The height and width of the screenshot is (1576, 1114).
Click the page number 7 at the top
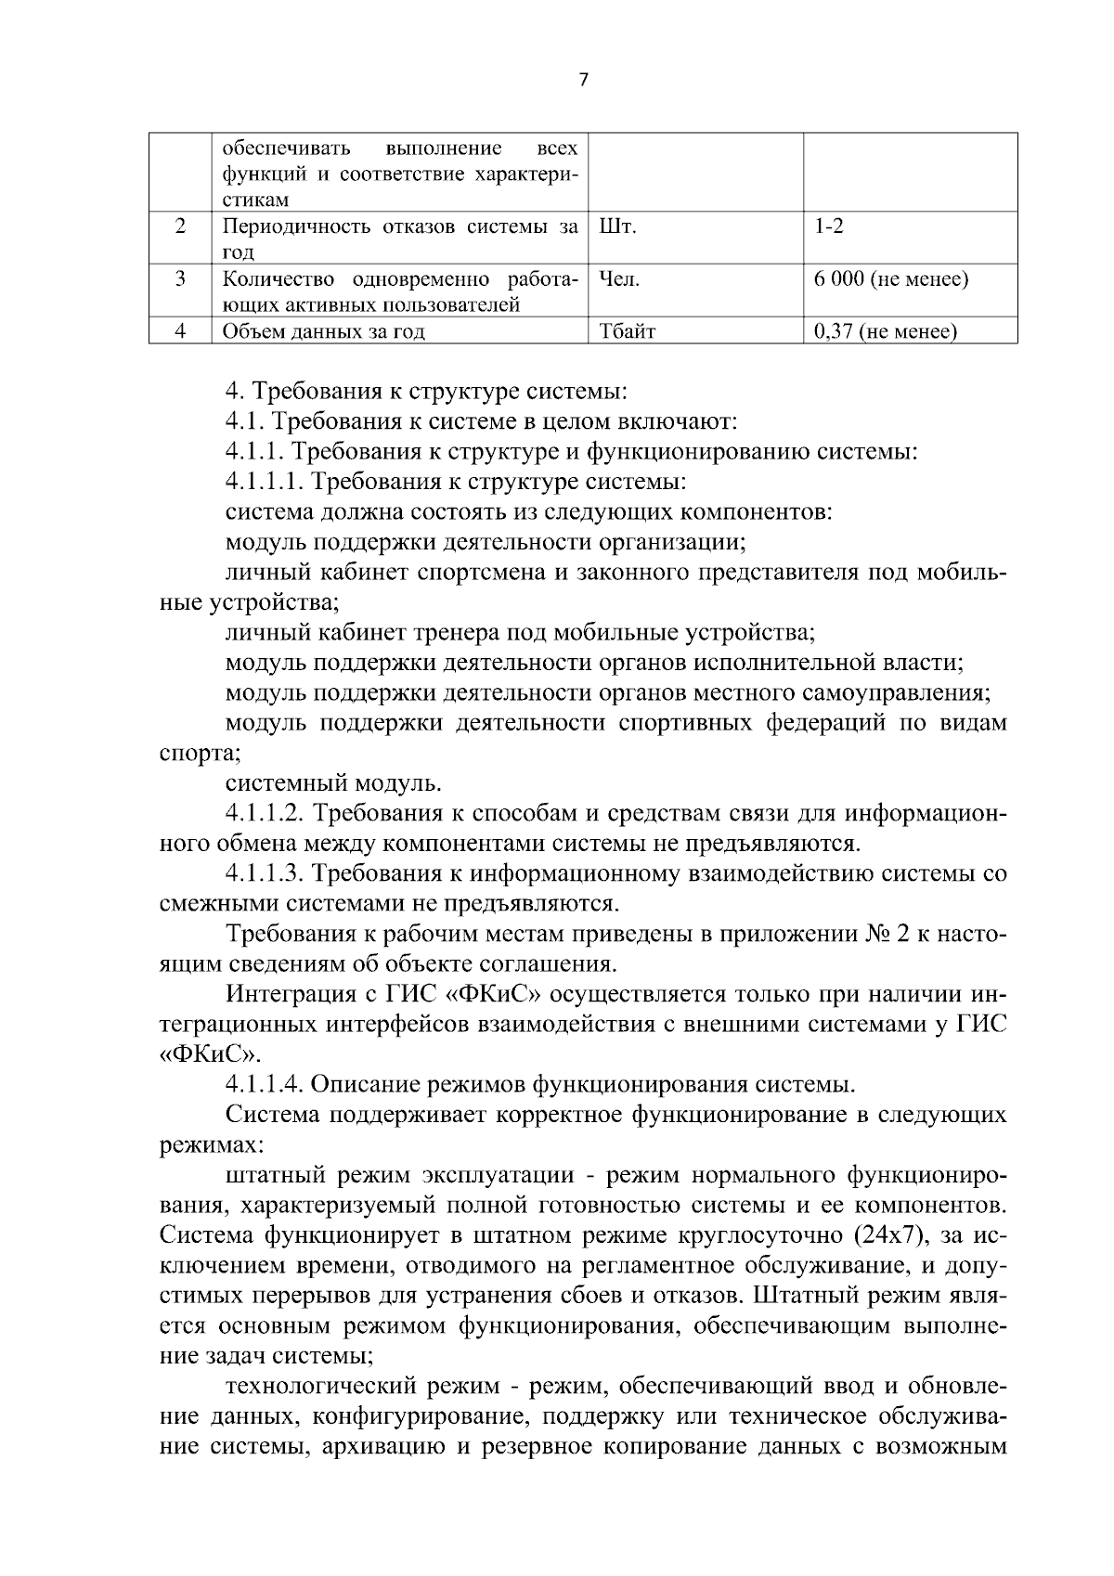(x=583, y=80)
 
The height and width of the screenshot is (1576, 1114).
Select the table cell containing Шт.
(x=617, y=226)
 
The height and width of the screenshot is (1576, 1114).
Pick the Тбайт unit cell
(x=628, y=330)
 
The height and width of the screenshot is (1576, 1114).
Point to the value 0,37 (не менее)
(x=885, y=330)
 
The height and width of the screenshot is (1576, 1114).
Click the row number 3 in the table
(x=181, y=278)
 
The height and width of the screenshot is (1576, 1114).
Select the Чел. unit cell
(x=620, y=278)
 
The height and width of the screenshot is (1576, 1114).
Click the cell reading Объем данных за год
(x=323, y=330)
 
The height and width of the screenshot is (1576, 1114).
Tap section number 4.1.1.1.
(x=264, y=482)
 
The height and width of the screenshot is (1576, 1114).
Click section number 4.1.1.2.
(x=264, y=814)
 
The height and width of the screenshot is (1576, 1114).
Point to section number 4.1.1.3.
(x=264, y=873)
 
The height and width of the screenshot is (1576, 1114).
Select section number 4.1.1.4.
(x=264, y=1083)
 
